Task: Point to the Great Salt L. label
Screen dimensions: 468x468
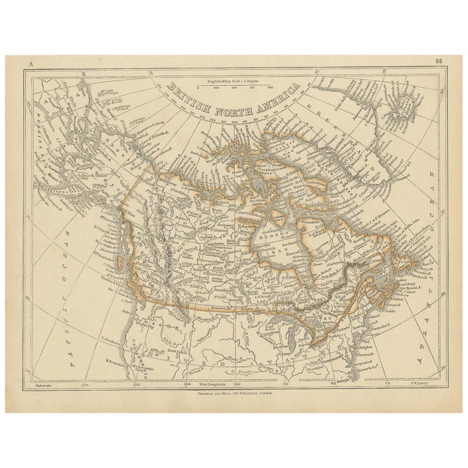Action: point(160,351)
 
